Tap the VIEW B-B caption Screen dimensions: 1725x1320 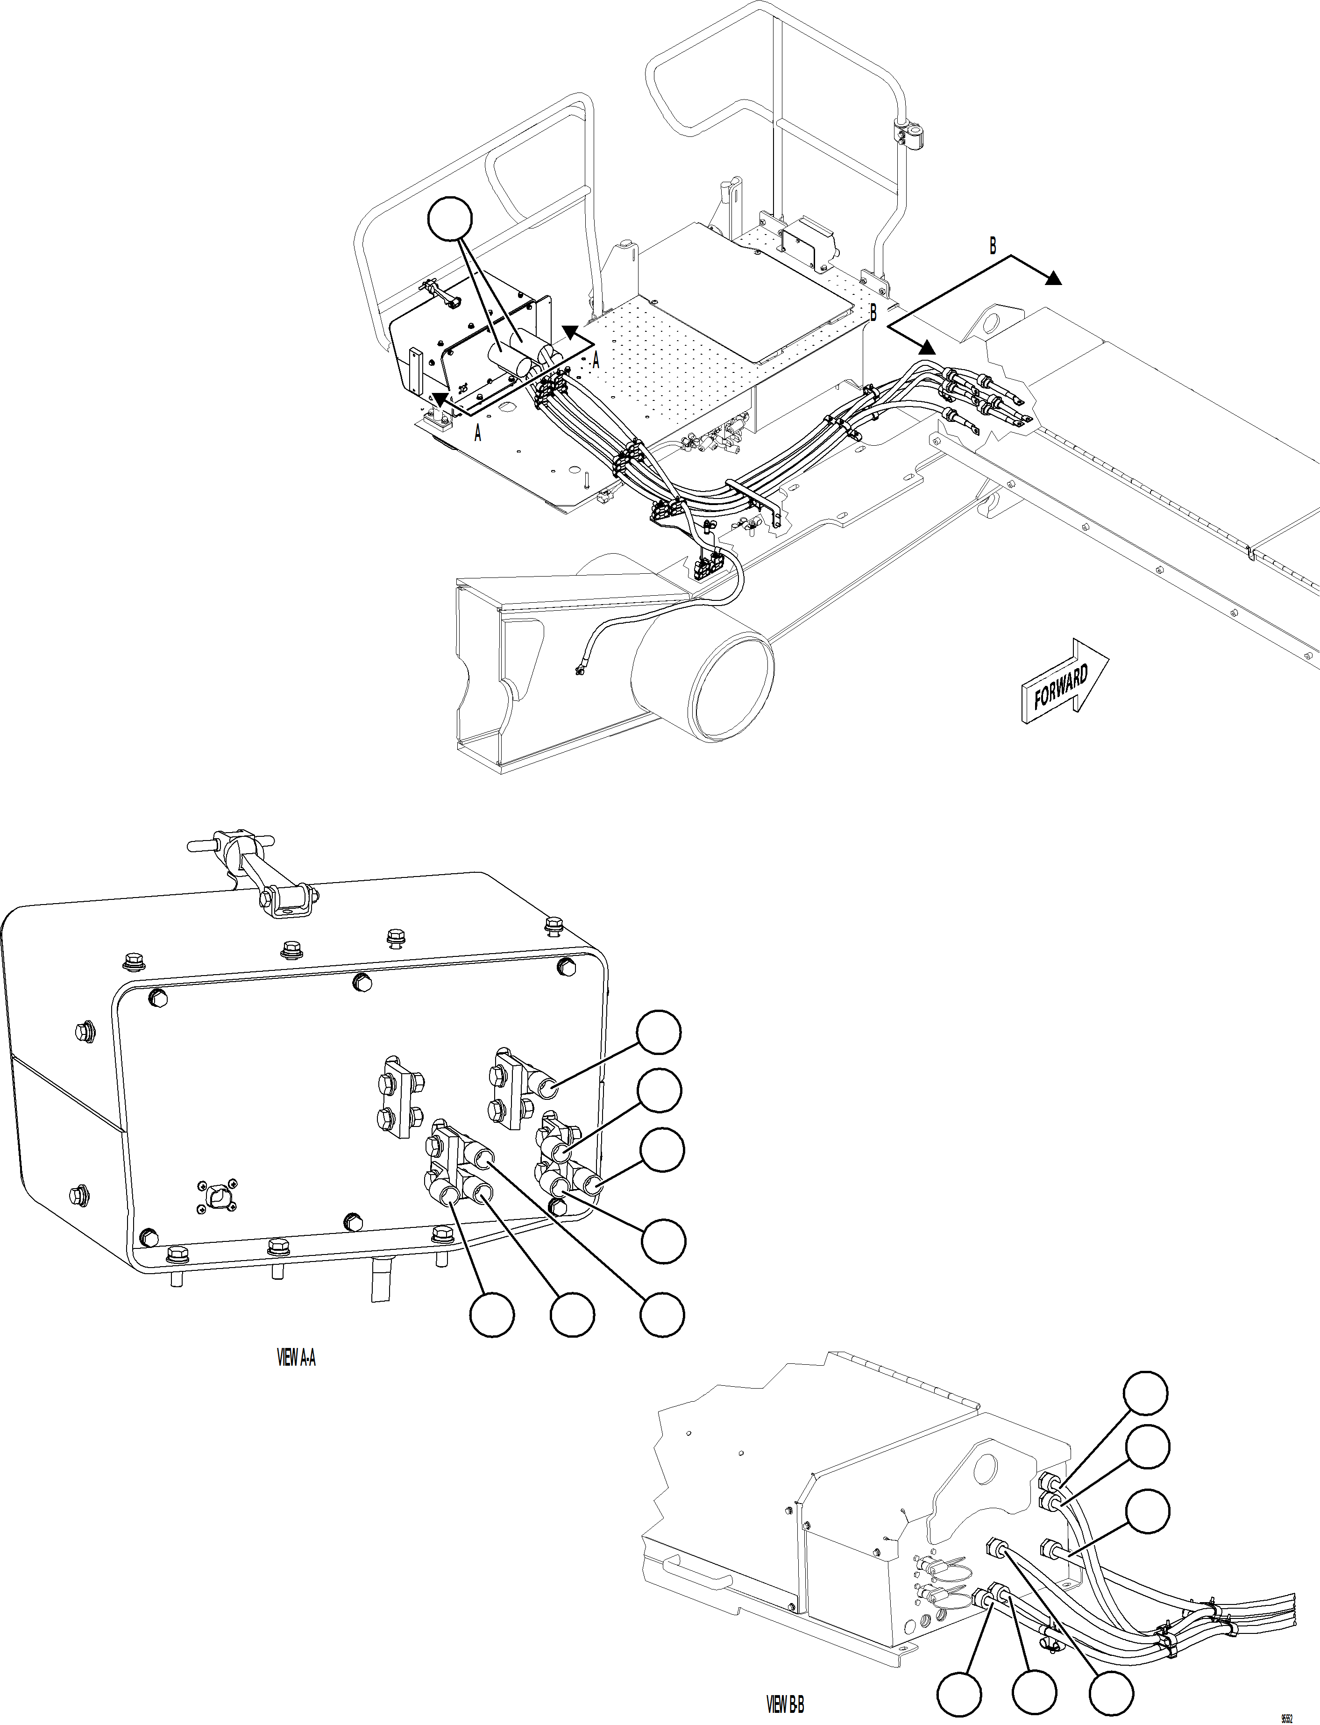(785, 1704)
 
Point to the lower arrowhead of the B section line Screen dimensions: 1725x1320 (928, 347)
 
